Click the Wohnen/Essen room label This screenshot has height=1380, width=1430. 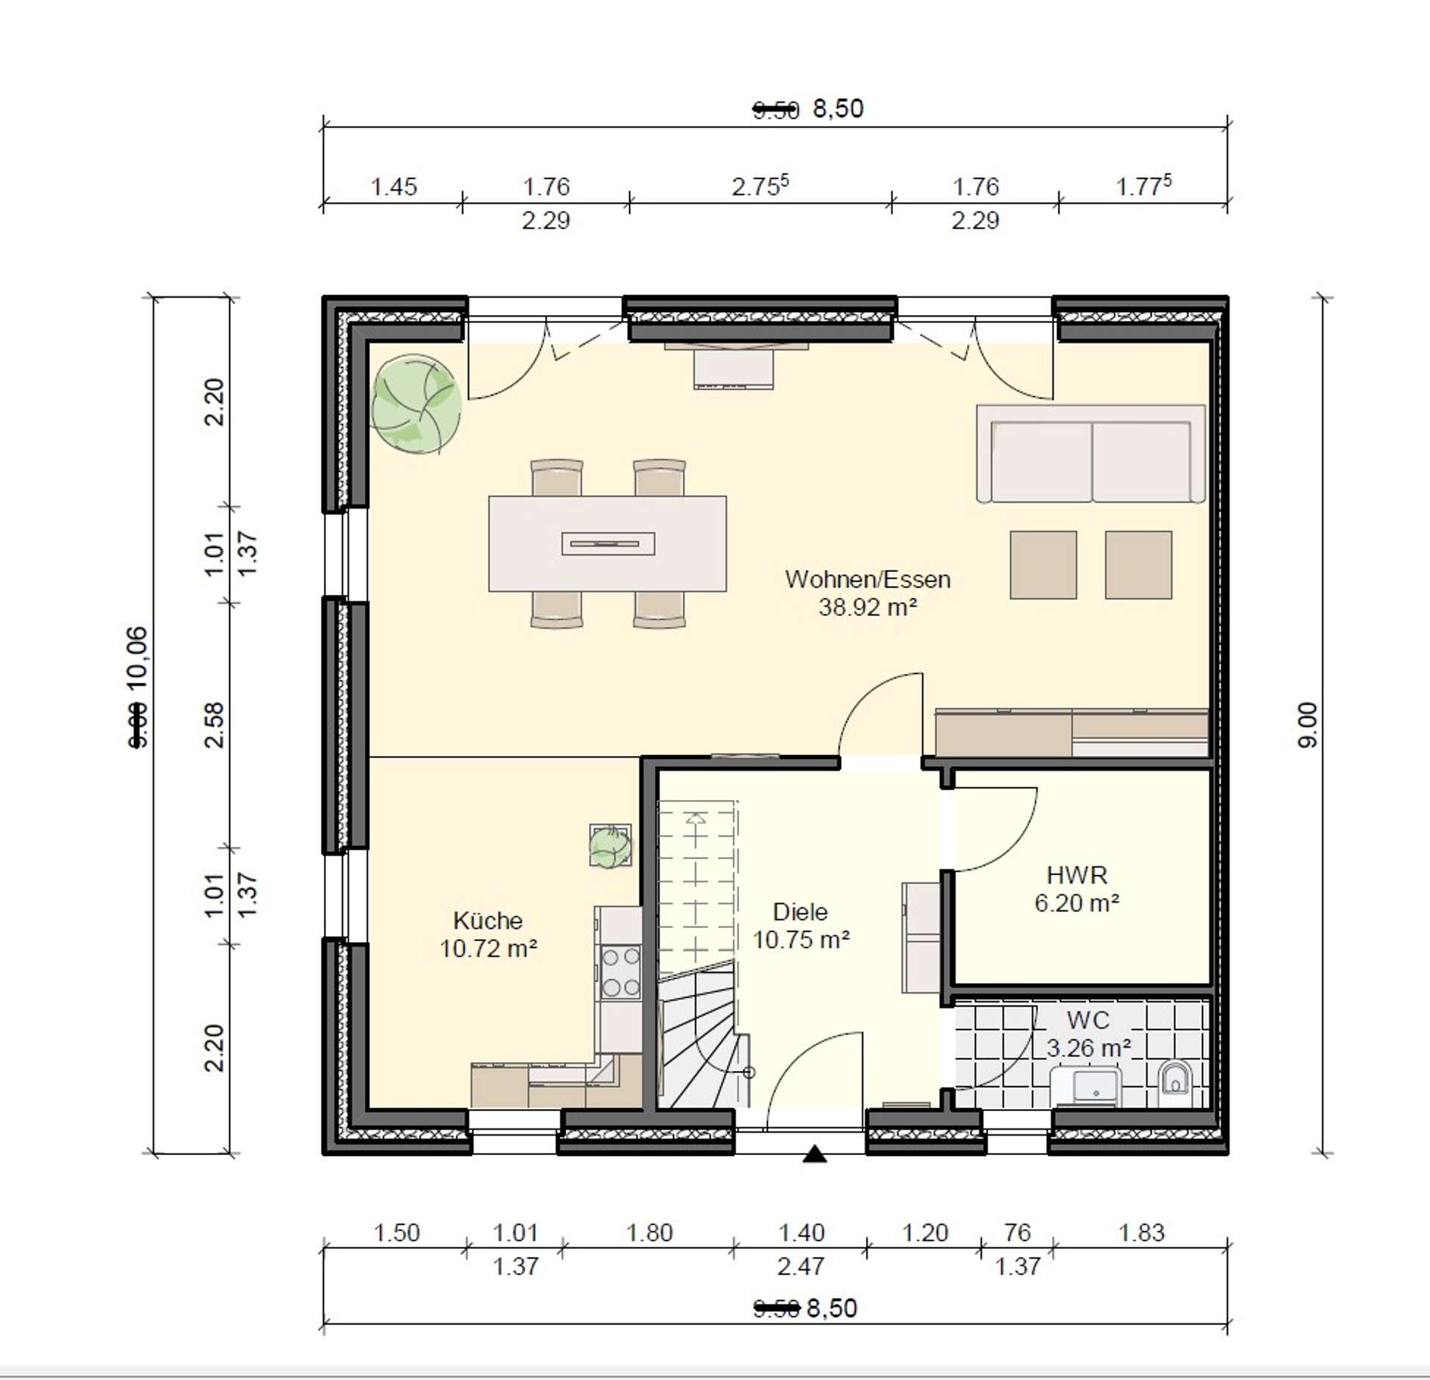click(x=867, y=593)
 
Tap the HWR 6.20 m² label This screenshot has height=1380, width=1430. click(x=1076, y=888)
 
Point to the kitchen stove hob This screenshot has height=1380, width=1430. click(x=620, y=971)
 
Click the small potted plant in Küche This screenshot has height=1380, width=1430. click(x=610, y=846)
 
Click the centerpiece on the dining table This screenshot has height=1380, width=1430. click(x=608, y=544)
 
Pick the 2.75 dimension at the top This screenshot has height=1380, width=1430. click(x=759, y=185)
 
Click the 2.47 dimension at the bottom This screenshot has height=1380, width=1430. click(x=801, y=1265)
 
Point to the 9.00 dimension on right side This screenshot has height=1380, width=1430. click(x=1308, y=724)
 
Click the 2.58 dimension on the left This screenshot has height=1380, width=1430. click(x=214, y=724)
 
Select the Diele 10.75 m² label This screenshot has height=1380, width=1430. click(x=801, y=926)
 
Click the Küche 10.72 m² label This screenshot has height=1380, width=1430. click(x=488, y=934)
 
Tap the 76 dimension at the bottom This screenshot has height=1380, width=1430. click(x=1017, y=1233)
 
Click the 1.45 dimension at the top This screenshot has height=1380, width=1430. click(x=393, y=186)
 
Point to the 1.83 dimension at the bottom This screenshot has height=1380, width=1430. click(x=1140, y=1233)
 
